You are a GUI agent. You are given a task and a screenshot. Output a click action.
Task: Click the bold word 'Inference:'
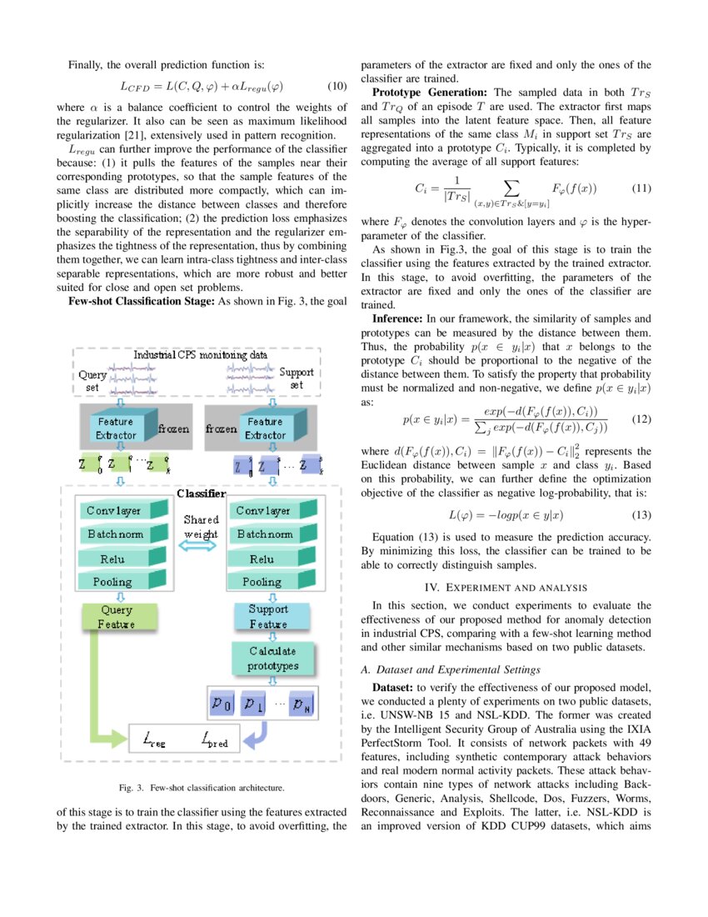tap(397, 318)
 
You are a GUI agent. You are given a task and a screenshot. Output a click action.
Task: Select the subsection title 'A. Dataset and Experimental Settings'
tap(448, 669)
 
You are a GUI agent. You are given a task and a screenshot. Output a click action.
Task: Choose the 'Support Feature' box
tap(267, 617)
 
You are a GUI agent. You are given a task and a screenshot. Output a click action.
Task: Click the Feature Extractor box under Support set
tap(266, 428)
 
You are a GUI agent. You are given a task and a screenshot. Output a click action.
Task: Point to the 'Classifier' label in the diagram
tap(200, 494)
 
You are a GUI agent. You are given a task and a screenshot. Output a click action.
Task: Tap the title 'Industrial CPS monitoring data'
tap(201, 354)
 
